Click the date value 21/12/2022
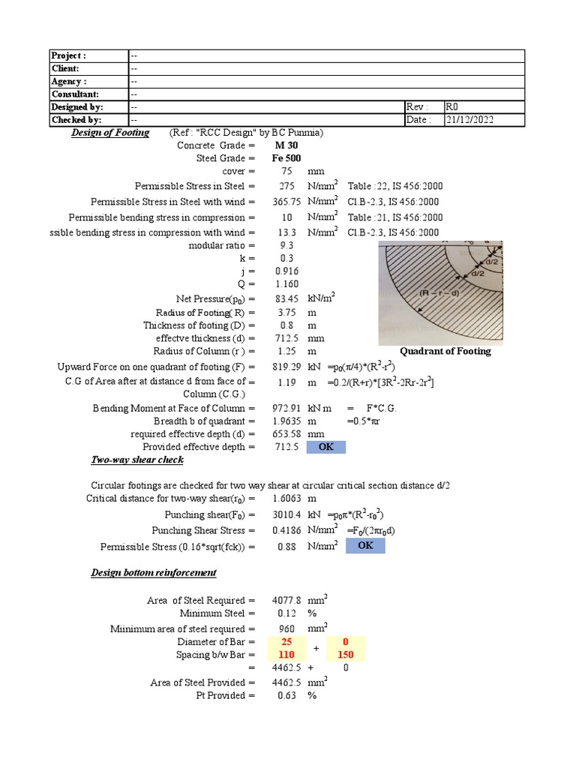(x=470, y=120)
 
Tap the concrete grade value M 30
(x=286, y=145)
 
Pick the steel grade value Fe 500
(x=286, y=158)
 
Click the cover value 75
(x=286, y=172)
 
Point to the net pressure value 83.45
(x=286, y=298)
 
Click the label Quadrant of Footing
(x=445, y=351)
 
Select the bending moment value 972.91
(x=286, y=408)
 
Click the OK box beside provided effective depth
(x=325, y=447)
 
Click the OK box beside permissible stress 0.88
(x=364, y=545)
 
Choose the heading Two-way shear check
(x=137, y=460)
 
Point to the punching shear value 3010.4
(x=286, y=515)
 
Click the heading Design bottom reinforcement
(x=154, y=573)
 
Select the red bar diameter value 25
(x=286, y=642)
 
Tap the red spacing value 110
(x=286, y=655)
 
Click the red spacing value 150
(x=346, y=655)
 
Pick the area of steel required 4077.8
(x=286, y=601)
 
